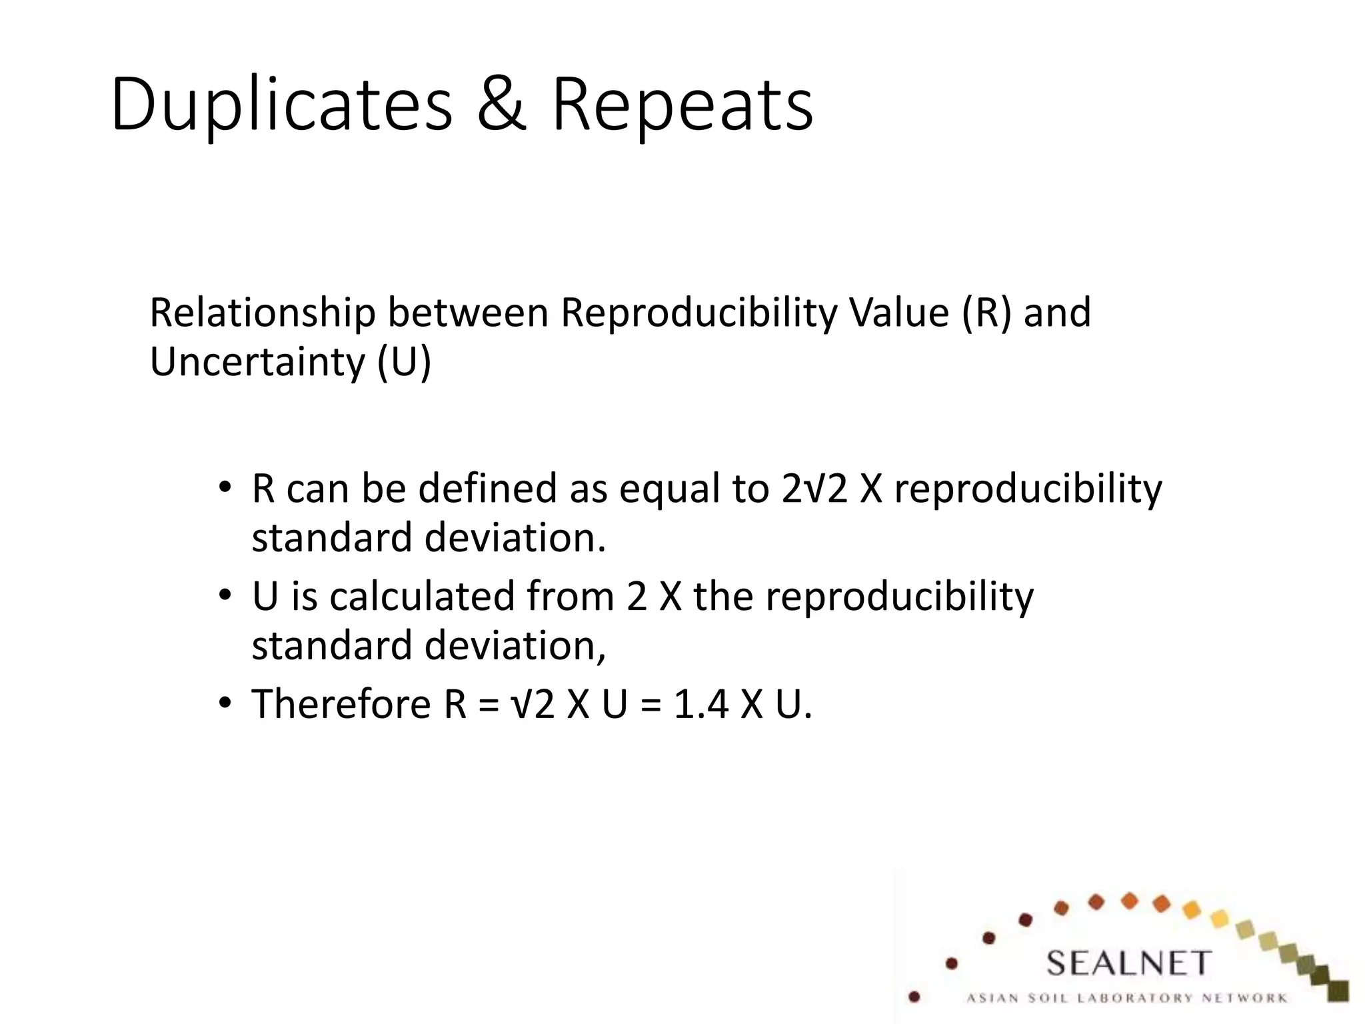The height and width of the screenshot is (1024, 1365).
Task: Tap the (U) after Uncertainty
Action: coord(405,361)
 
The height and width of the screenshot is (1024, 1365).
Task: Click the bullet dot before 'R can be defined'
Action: coord(225,486)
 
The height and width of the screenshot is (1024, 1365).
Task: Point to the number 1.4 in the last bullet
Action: coord(701,704)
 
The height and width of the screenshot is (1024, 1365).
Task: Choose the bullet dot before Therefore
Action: coord(225,702)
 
